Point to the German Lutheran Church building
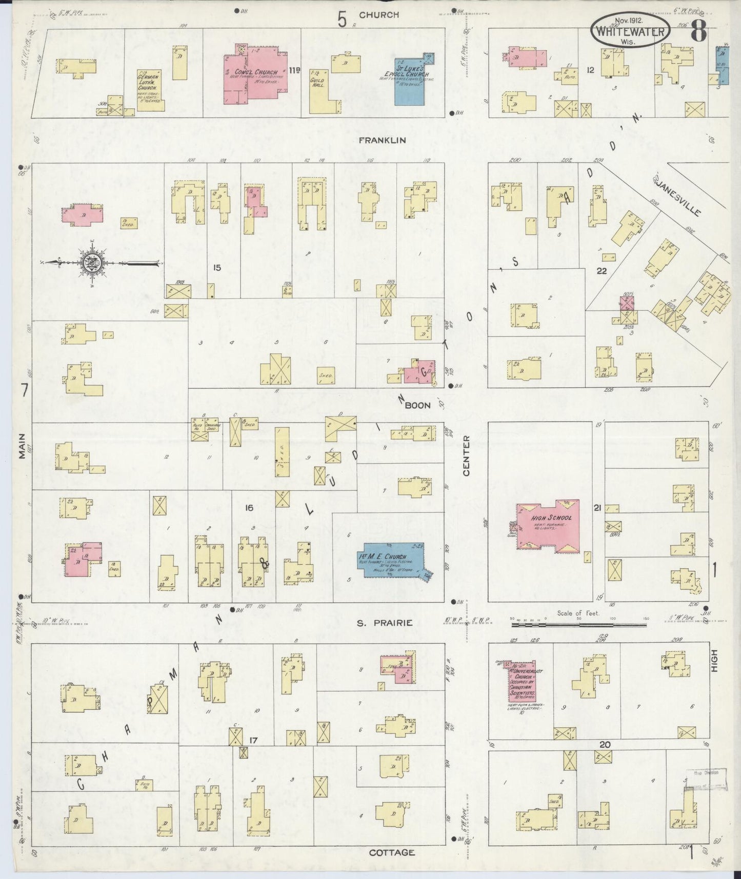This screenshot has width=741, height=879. click(149, 90)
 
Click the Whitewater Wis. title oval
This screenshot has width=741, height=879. click(630, 30)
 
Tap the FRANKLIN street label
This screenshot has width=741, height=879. click(382, 140)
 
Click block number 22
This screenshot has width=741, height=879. click(602, 271)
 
